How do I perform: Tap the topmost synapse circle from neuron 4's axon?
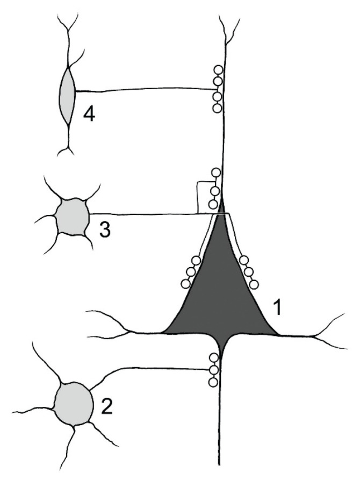coord(218,70)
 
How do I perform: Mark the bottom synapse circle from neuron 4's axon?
coord(217,108)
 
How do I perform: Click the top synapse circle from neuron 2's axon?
coord(214,358)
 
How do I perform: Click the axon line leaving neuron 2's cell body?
coord(150,368)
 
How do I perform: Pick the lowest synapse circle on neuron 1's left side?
coord(185,284)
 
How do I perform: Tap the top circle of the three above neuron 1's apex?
coord(216,173)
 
